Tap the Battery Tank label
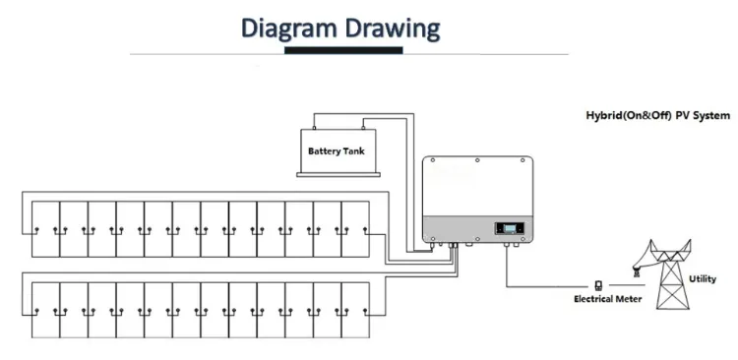[x=337, y=151]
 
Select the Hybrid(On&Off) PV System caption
[x=652, y=115]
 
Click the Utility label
[x=703, y=279]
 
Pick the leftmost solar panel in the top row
[x=45, y=226]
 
